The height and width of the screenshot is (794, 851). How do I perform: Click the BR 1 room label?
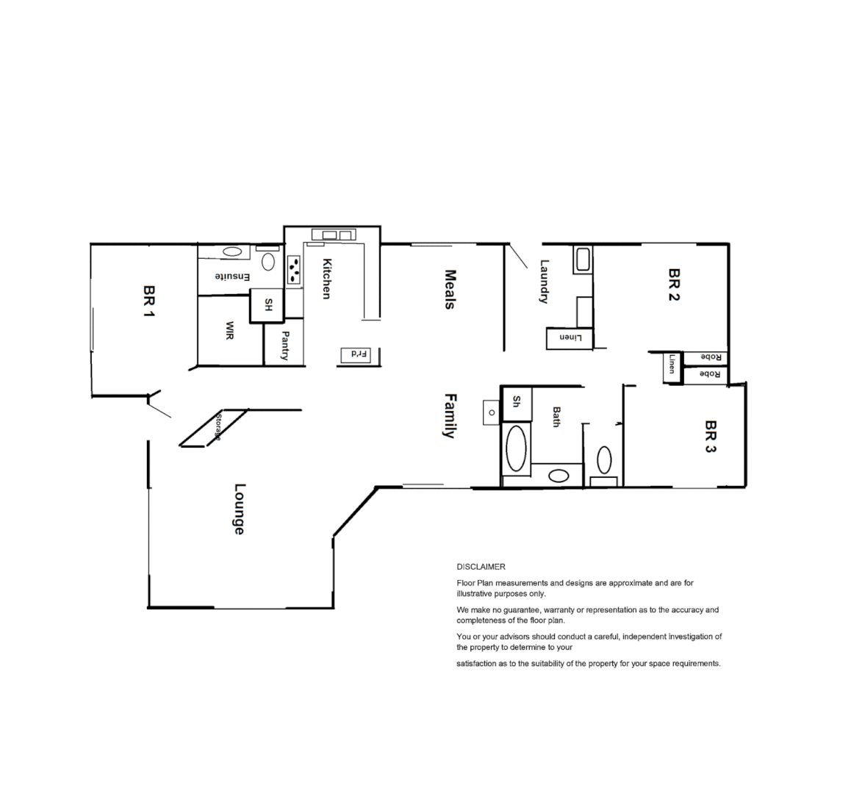(x=150, y=302)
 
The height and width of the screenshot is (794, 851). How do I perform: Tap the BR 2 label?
(x=674, y=285)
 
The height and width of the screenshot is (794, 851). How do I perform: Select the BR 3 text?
(x=709, y=436)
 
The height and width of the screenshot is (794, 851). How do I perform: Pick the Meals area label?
(x=450, y=289)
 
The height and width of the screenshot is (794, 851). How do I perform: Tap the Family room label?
(x=450, y=415)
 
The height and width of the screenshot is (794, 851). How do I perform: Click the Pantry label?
(x=284, y=346)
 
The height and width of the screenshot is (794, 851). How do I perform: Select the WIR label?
(x=229, y=330)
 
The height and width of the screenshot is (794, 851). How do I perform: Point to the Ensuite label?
(x=233, y=276)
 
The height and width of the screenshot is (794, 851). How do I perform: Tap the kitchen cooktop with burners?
(x=295, y=269)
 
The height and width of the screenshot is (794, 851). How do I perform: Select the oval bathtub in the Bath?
(x=517, y=447)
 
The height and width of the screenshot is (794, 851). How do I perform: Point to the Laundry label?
(x=545, y=282)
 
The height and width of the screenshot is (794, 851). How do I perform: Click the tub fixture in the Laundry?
(x=583, y=260)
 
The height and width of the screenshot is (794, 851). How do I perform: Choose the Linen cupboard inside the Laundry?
(x=570, y=338)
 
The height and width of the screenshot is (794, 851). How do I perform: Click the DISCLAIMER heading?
(x=481, y=567)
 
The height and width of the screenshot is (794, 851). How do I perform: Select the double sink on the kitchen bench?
(x=334, y=235)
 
